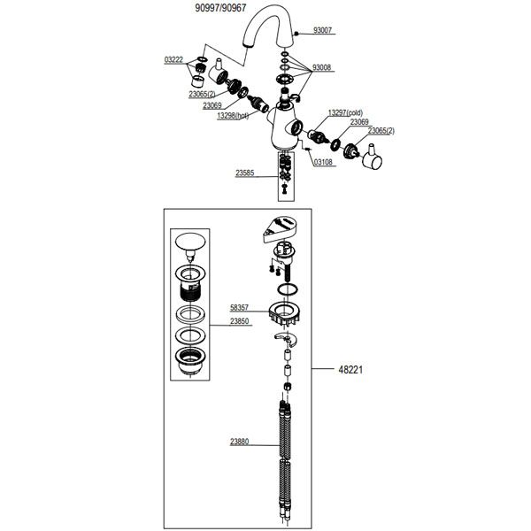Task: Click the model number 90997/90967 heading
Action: [x=220, y=8]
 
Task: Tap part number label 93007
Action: [x=322, y=30]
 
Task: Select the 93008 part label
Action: [x=321, y=68]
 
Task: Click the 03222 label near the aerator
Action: [x=173, y=60]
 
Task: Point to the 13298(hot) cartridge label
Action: [x=233, y=116]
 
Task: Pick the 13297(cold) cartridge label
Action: [x=345, y=112]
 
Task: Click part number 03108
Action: [x=323, y=162]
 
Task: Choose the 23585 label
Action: [x=245, y=173]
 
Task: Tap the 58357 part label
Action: [x=240, y=308]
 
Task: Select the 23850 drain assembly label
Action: [x=240, y=321]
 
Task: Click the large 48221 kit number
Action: [x=350, y=369]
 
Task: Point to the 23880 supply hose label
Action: [x=240, y=442]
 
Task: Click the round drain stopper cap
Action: [x=190, y=242]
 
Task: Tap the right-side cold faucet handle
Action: [x=373, y=158]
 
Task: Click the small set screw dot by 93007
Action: [x=296, y=34]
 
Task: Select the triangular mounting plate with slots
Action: [x=280, y=228]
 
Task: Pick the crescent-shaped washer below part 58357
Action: [x=286, y=340]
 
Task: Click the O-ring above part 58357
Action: [x=288, y=290]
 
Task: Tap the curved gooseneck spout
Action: [x=268, y=29]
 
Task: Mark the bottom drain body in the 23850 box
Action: [x=190, y=361]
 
